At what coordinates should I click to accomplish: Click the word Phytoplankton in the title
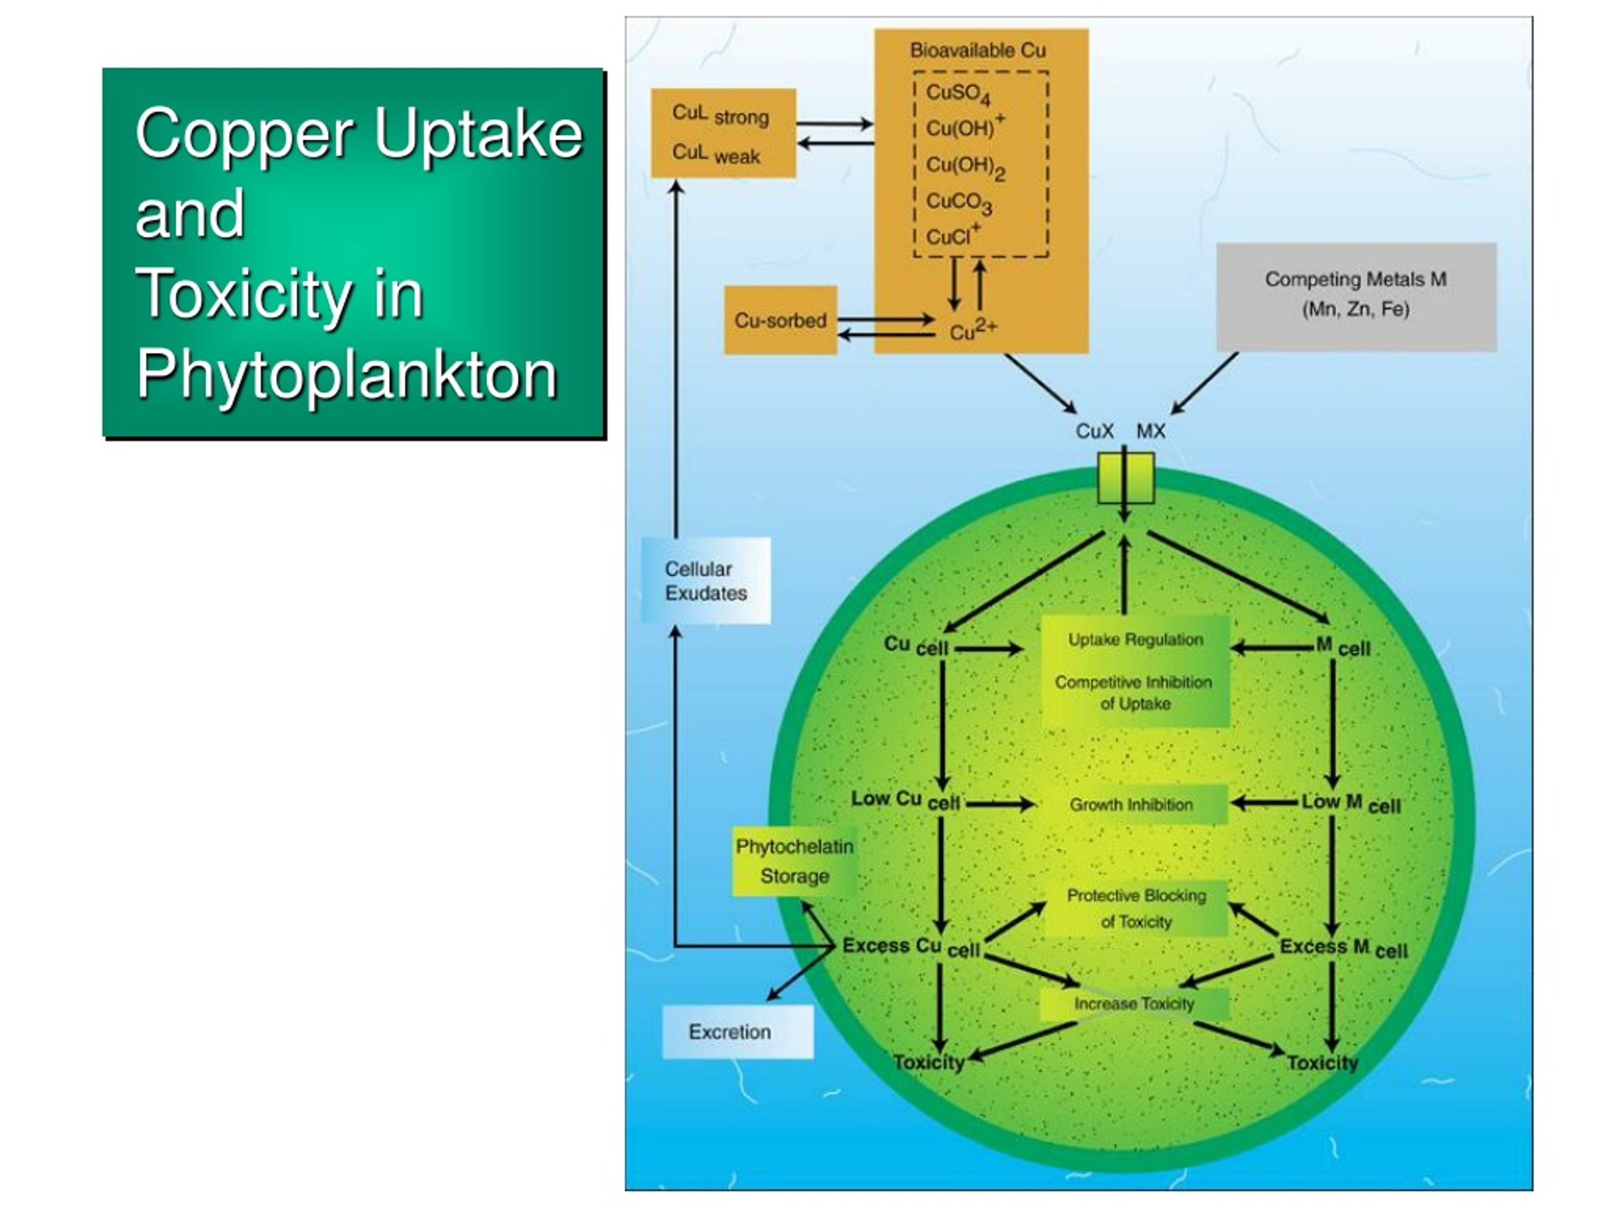tap(347, 375)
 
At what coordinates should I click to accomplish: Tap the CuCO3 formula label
tap(959, 203)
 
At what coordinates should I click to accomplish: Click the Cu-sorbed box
tap(780, 320)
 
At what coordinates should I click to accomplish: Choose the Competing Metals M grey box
tap(1357, 297)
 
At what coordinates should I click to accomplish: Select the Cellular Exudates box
tap(706, 581)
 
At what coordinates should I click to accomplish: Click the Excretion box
tap(738, 1031)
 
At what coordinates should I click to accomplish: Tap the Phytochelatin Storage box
tap(794, 862)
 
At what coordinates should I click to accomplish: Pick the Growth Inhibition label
tap(1131, 805)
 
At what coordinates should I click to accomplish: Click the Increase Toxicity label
tap(1134, 1004)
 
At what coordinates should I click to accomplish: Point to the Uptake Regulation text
tap(1136, 640)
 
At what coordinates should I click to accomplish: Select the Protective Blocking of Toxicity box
tap(1136, 909)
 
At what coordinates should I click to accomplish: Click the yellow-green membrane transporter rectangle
tap(1126, 478)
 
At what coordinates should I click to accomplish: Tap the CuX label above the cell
tap(1094, 431)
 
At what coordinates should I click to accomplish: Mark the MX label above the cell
tap(1151, 431)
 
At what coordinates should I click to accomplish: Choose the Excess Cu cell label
tap(911, 947)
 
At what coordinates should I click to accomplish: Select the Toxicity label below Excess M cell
tap(1322, 1063)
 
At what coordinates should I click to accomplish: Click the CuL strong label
tap(720, 115)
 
